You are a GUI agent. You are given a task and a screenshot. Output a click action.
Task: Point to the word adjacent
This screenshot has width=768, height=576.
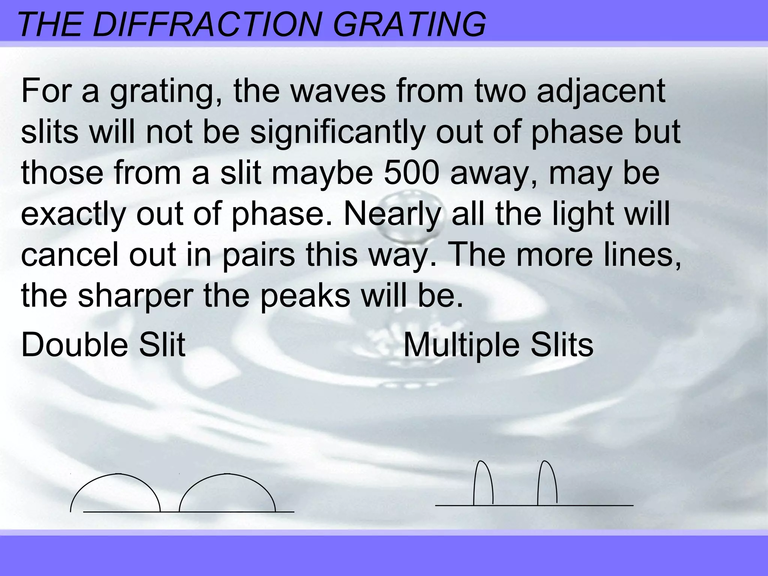(x=601, y=91)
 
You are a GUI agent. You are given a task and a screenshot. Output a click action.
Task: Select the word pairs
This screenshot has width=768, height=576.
(x=258, y=255)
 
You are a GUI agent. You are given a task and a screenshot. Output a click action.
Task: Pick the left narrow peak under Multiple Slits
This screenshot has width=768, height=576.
(x=483, y=484)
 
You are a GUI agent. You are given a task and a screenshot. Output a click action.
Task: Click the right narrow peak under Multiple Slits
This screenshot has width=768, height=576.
(x=547, y=484)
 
